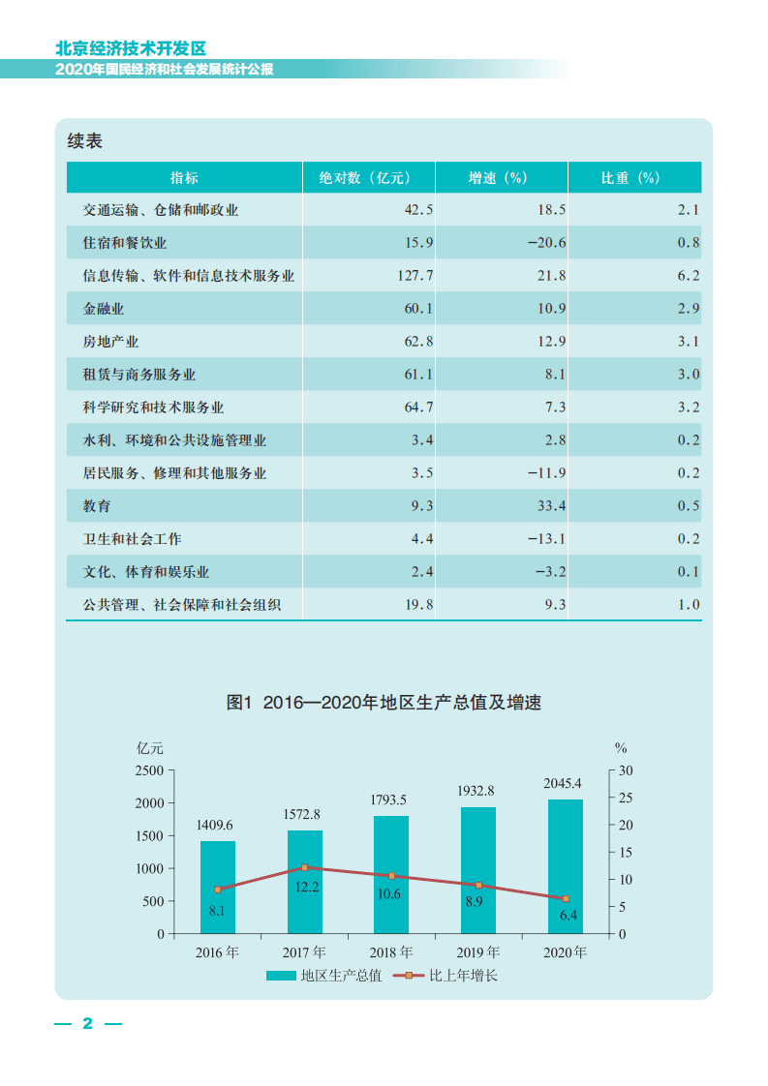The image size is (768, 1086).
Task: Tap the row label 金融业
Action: pyautogui.click(x=104, y=309)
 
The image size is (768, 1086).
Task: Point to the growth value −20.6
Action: pyautogui.click(x=546, y=243)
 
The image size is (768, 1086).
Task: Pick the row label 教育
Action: pyautogui.click(x=97, y=506)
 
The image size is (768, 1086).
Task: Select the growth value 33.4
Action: pyautogui.click(x=550, y=506)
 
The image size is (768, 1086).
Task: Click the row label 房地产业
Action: pyautogui.click(x=110, y=342)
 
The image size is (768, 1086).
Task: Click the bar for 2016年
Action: pyautogui.click(x=217, y=888)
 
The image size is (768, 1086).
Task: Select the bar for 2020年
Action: pyautogui.click(x=566, y=866)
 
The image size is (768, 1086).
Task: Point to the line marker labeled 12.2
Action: pyautogui.click(x=304, y=867)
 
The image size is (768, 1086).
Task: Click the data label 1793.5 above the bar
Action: pyautogui.click(x=391, y=800)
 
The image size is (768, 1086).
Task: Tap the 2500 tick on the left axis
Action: pyautogui.click(x=148, y=770)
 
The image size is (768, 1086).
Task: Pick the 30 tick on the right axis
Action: pyautogui.click(x=625, y=770)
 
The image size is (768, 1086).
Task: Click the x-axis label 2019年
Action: pyautogui.click(x=478, y=952)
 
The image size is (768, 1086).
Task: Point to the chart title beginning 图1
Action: pyautogui.click(x=384, y=703)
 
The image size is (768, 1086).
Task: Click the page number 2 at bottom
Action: pyautogui.click(x=87, y=1024)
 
